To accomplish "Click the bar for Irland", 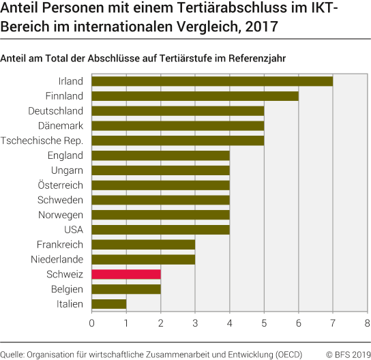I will click(212, 81).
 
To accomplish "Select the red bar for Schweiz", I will click(126, 274).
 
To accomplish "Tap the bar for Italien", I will click(109, 303).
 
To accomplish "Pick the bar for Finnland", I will click(195, 96).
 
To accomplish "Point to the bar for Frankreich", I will click(143, 244).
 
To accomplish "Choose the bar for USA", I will click(160, 229).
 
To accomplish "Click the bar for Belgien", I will click(126, 288).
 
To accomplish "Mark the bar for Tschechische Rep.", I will click(178, 140).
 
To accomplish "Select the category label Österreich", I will click(61, 185).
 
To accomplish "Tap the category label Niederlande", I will click(57, 259).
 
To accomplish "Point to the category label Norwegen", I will click(61, 215).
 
